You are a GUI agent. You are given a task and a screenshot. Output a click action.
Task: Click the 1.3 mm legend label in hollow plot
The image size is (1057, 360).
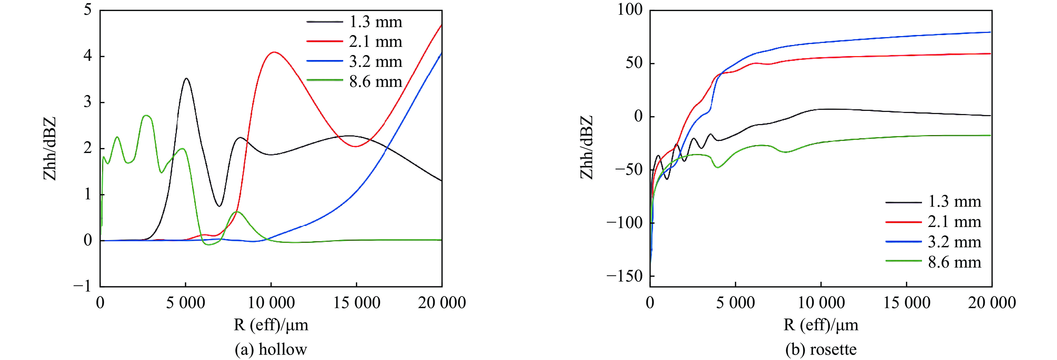375,22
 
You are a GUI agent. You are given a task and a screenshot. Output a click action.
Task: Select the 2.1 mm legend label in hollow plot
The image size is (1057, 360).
375,42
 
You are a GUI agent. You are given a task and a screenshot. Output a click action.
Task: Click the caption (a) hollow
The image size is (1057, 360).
271,349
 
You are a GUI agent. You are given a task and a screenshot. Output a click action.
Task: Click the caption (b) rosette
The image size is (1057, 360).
821,349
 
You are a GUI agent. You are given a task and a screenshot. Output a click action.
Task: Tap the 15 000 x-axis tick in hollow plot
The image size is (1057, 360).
357,303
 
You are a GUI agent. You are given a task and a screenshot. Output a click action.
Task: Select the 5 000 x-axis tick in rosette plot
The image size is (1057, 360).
735,303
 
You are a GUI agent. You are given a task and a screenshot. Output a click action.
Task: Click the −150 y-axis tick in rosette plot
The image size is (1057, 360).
625,275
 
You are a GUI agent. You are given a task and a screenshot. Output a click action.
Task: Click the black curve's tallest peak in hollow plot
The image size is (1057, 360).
186,78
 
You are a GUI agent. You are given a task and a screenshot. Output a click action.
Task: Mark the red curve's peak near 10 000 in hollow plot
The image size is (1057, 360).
274,52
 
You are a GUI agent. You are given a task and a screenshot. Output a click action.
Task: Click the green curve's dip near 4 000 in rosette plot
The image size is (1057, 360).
718,167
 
